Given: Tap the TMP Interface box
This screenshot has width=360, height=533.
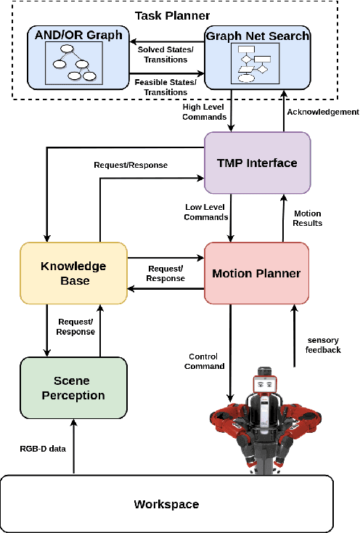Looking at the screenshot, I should point(257,163).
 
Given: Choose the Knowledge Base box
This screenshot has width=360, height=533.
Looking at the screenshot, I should point(73,274).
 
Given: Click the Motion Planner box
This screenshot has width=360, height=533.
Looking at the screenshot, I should point(256,274).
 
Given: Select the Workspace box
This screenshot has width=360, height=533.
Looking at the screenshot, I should point(166,504).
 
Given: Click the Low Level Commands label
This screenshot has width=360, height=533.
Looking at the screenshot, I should point(207,212).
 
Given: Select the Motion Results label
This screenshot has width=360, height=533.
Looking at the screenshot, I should point(308,218).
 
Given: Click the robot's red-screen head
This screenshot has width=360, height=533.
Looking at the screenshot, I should point(266,383).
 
